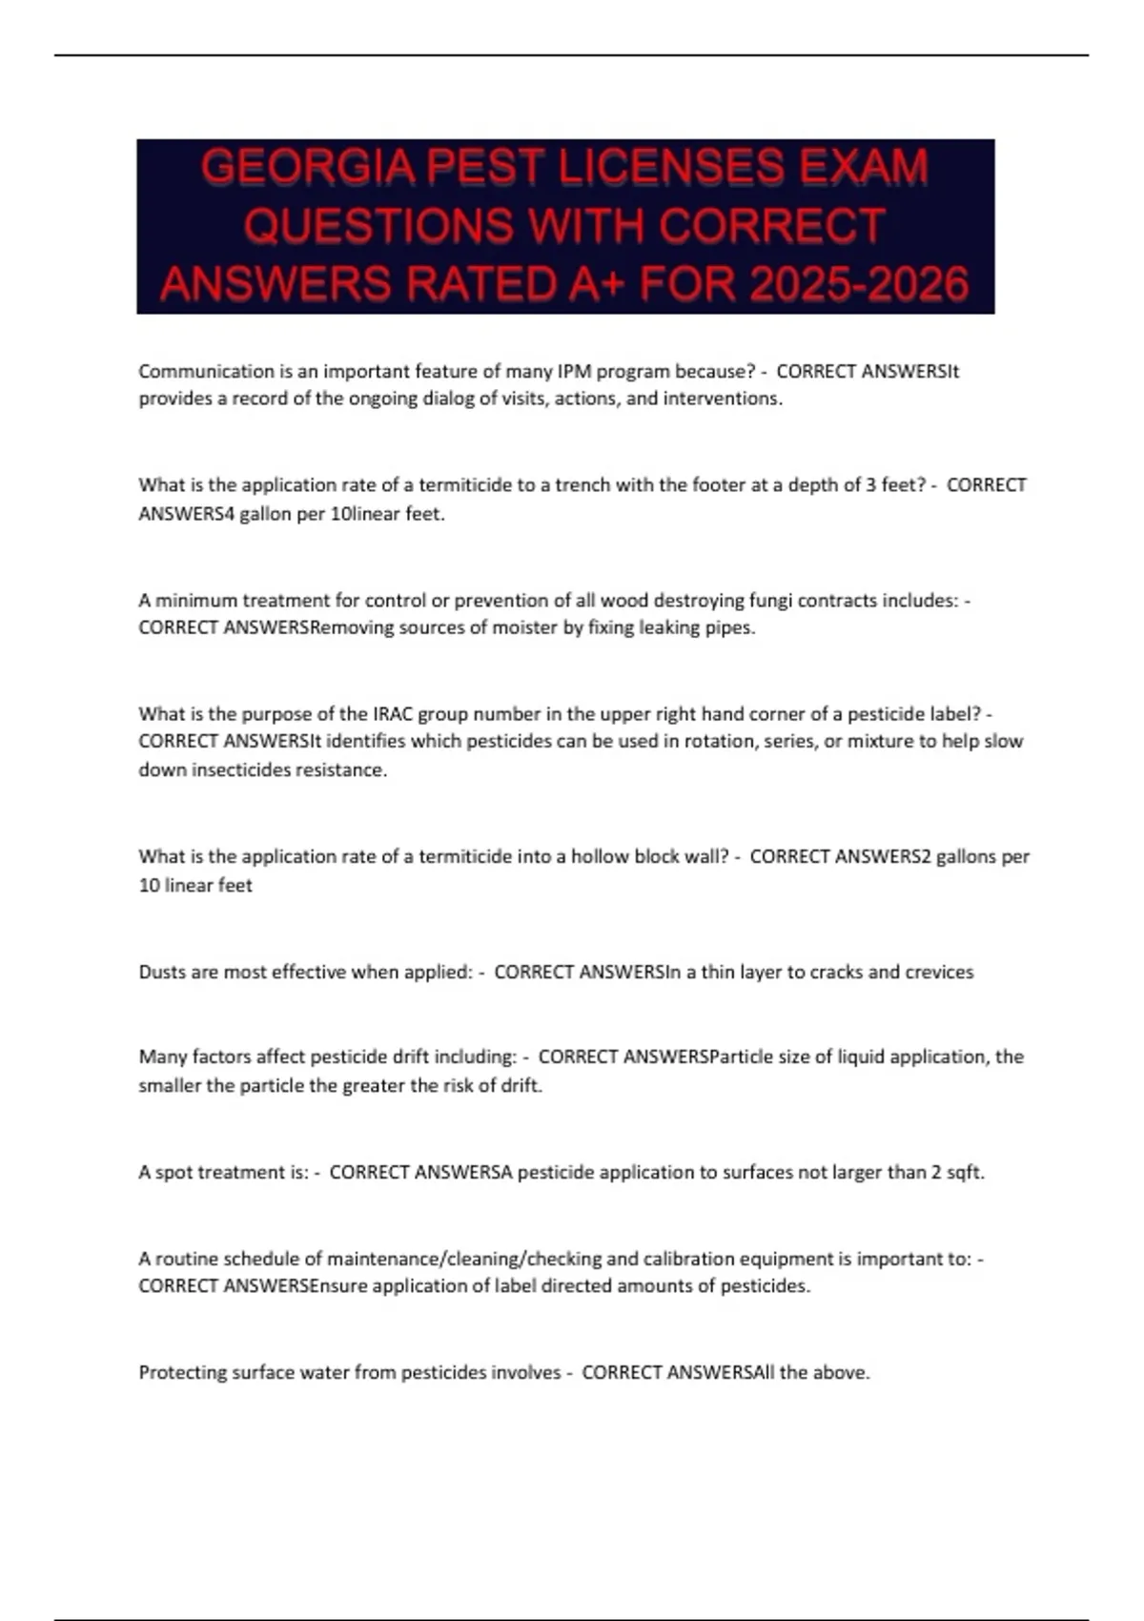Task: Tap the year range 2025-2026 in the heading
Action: tap(859, 284)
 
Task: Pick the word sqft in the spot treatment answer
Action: tap(964, 1172)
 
